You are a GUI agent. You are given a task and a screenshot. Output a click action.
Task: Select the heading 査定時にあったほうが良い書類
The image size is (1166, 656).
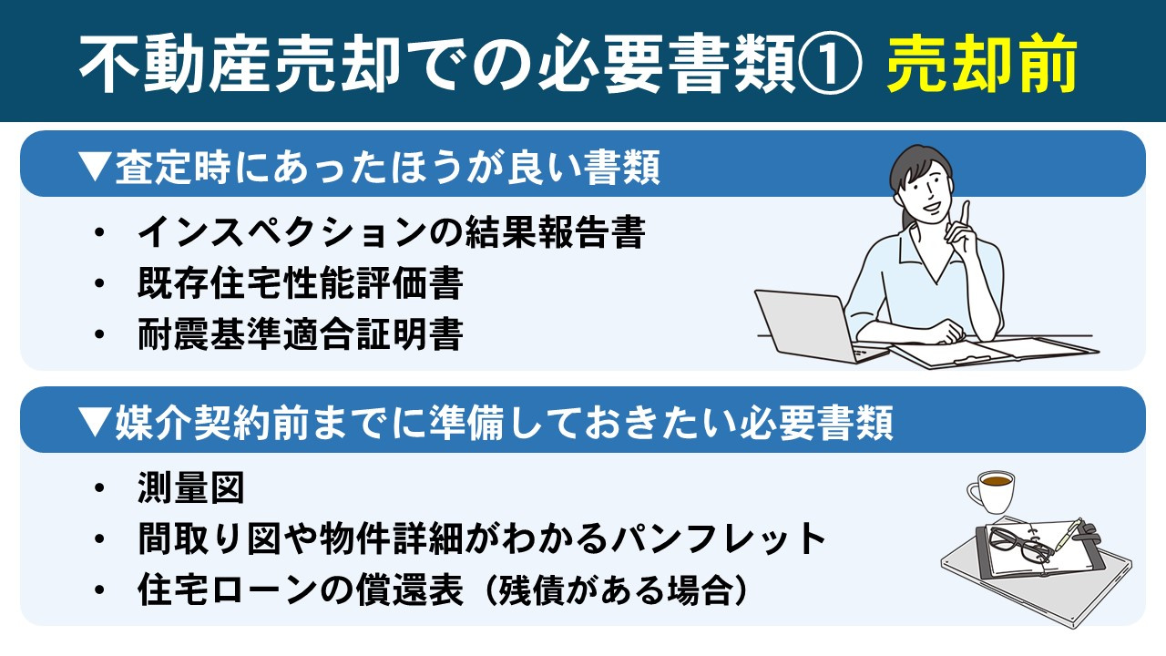(x=387, y=169)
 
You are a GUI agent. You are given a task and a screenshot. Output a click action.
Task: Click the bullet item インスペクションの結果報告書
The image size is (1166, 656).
(x=391, y=233)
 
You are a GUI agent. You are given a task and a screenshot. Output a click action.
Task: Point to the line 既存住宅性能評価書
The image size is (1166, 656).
(x=300, y=284)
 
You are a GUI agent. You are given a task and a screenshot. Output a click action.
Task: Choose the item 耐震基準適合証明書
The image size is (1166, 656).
(x=300, y=334)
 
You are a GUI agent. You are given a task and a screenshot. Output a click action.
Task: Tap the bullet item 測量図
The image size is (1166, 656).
(x=190, y=489)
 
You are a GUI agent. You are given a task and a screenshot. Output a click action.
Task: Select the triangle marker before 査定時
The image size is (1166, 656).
(x=94, y=169)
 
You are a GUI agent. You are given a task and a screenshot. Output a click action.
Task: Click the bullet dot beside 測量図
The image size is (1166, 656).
(x=99, y=490)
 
